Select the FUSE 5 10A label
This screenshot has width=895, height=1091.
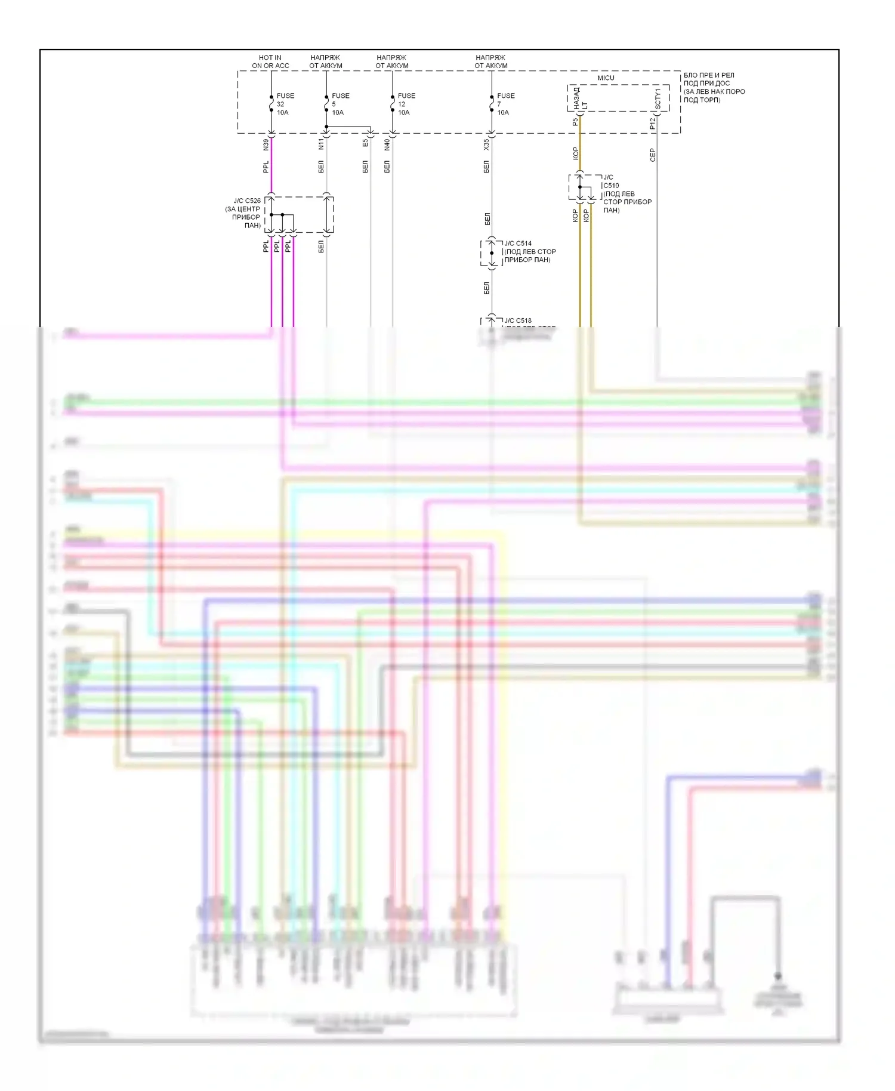pos(340,104)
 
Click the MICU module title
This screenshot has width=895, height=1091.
pos(606,78)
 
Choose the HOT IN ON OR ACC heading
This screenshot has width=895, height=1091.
pos(270,61)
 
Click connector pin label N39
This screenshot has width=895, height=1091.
pos(266,144)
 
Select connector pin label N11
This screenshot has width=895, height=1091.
pos(321,144)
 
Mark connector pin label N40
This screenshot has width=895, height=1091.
pos(387,144)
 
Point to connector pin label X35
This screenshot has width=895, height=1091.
pos(486,144)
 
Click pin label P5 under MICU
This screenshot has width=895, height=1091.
pos(575,122)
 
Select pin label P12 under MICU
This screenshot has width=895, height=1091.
pos(652,124)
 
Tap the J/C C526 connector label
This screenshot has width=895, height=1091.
pos(246,201)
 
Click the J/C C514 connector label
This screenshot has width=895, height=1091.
pos(518,244)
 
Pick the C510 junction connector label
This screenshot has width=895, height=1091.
pos(610,186)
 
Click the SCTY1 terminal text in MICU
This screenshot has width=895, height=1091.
pos(658,100)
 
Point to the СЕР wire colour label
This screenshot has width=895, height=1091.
pos(653,155)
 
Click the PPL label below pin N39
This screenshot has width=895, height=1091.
pos(266,167)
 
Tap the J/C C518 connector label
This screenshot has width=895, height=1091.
pos(518,320)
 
